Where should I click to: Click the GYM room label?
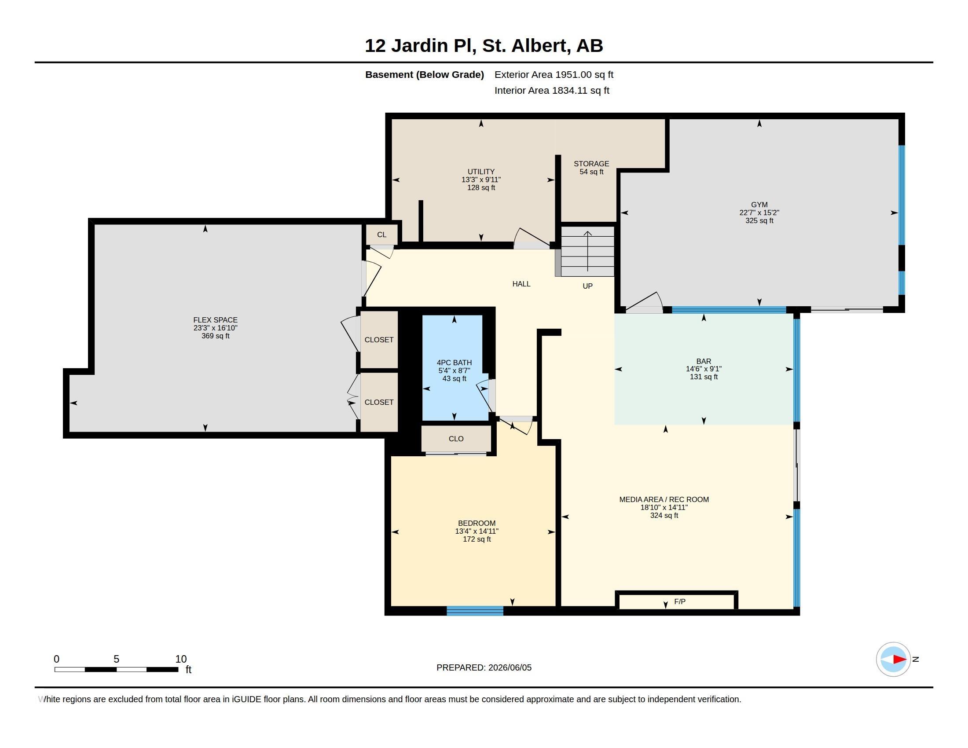(759, 205)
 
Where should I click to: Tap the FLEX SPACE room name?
(216, 320)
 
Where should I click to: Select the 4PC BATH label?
(455, 363)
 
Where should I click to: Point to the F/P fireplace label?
(679, 601)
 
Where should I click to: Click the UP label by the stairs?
(587, 286)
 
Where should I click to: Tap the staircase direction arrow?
(588, 251)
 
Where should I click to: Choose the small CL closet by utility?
(381, 235)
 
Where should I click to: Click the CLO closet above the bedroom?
(456, 439)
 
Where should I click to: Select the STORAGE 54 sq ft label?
(591, 168)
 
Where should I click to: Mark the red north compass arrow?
(900, 660)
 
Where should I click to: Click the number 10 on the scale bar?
(181, 659)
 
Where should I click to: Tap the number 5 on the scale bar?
(117, 659)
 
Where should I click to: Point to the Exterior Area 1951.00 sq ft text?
(554, 74)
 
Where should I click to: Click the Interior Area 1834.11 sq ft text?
(552, 90)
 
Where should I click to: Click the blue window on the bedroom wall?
(475, 611)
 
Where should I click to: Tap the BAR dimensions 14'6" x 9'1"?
(704, 369)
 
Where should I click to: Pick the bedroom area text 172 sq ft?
(477, 539)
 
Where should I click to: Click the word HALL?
(521, 284)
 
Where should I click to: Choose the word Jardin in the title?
(419, 46)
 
